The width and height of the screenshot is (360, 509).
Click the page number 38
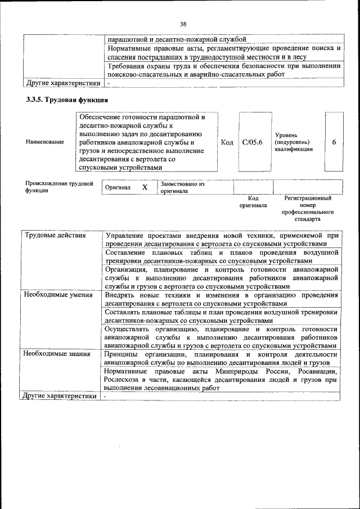pos(183,24)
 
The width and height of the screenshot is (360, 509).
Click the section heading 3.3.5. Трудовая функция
pos(67,100)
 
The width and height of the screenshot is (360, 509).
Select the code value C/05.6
pos(253,142)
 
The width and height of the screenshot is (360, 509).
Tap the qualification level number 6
pos(334,142)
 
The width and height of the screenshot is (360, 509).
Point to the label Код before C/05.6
pos(227,142)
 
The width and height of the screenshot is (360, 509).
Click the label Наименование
pos(45,143)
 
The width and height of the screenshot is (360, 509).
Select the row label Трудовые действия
pos(56,235)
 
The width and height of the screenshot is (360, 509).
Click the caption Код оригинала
pos(253,202)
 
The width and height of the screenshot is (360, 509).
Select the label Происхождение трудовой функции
pos(59,187)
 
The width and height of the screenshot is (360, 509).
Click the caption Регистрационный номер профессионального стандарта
pos(308,209)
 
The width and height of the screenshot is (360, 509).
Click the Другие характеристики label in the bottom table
pos(59,396)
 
